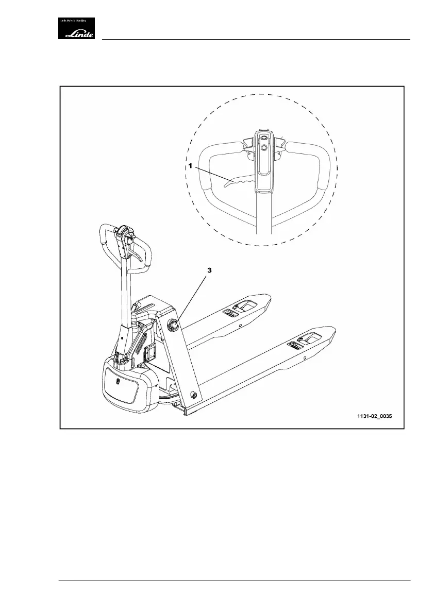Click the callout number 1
point(190,167)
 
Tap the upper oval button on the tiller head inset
point(263,138)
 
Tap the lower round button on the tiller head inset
point(264,148)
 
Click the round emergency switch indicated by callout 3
point(174,323)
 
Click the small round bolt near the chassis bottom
point(194,394)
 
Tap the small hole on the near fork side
point(305,357)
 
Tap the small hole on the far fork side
point(240,325)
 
